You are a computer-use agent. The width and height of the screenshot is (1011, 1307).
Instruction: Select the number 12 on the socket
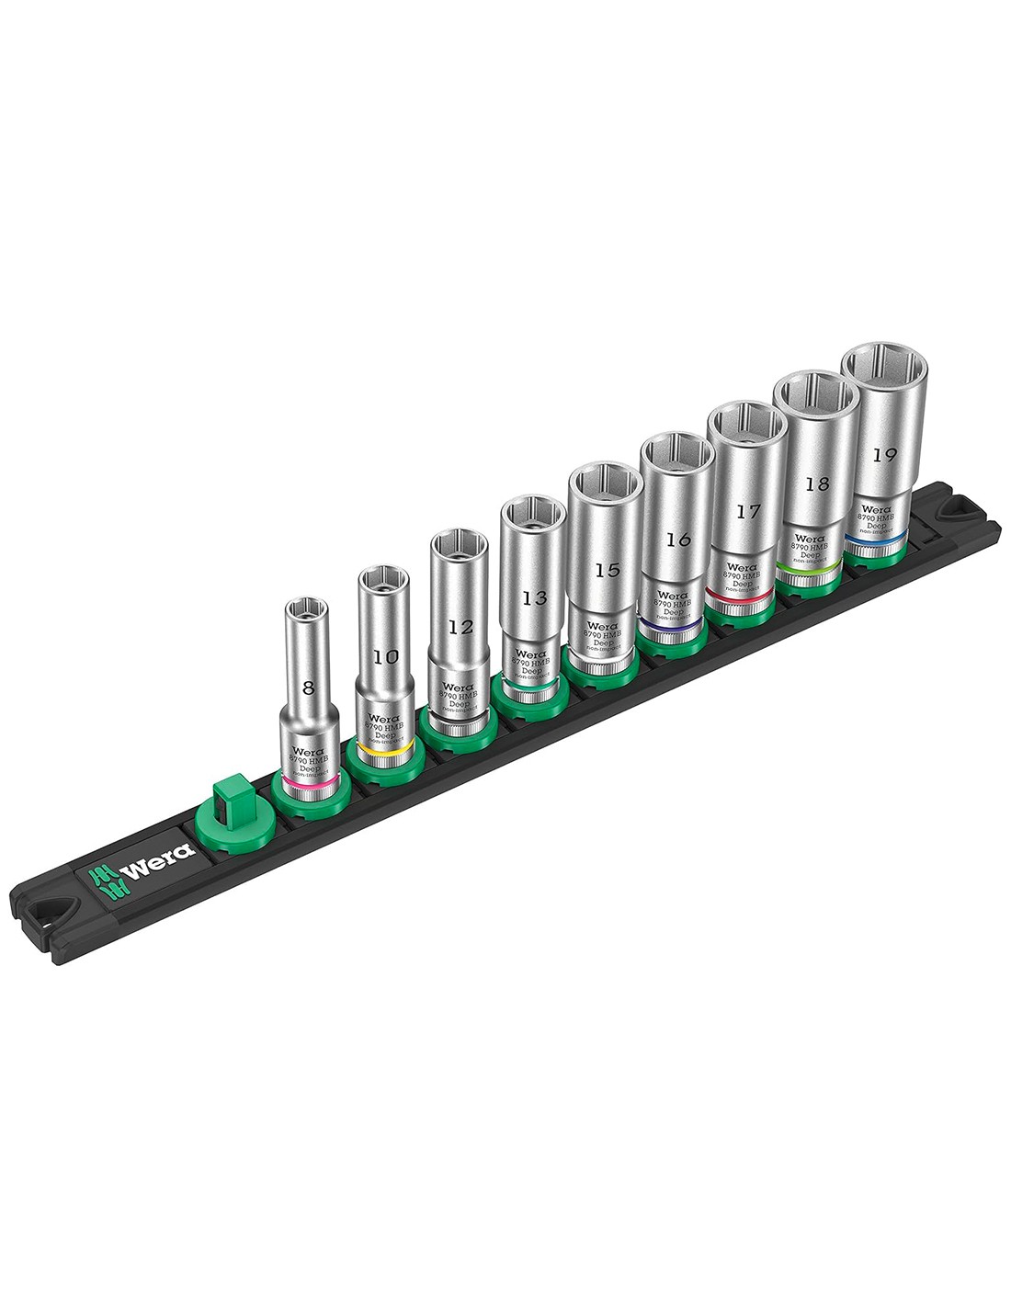coord(460,627)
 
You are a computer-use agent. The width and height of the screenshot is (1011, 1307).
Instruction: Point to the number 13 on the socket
coord(533,598)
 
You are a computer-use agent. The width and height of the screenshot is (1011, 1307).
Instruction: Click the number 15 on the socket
coord(606,570)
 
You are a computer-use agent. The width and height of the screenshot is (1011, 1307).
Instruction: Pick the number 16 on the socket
coord(678,540)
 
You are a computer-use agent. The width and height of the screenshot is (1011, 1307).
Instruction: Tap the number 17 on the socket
coord(748,511)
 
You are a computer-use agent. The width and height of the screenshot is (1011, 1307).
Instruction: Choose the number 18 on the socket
coord(816,483)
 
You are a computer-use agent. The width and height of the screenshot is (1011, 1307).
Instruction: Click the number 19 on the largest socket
coord(886,454)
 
